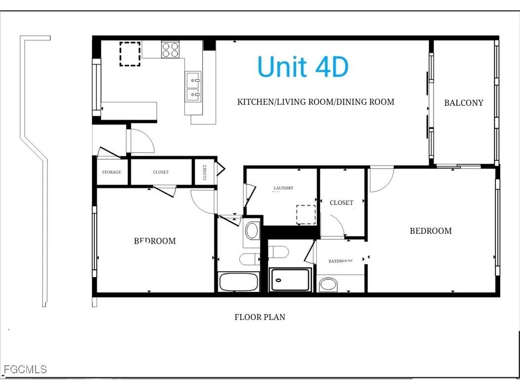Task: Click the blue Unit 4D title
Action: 303,67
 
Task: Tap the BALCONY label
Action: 463,103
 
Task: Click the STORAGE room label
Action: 112,172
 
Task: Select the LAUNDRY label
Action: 283,188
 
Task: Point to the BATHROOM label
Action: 341,261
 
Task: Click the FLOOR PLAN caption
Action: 260,317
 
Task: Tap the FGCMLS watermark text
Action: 25,369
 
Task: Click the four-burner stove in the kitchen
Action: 171,49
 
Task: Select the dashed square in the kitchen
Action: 130,54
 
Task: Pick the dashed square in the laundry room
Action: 305,215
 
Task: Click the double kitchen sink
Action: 193,86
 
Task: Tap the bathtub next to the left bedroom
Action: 238,282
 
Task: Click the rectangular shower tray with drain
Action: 290,280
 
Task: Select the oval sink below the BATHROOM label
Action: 328,284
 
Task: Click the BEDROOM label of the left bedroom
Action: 155,241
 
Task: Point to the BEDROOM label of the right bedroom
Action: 431,230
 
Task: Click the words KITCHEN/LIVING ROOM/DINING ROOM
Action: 315,102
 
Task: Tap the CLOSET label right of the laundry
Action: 342,203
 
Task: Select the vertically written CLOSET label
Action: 205,172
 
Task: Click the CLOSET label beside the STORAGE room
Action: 161,172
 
